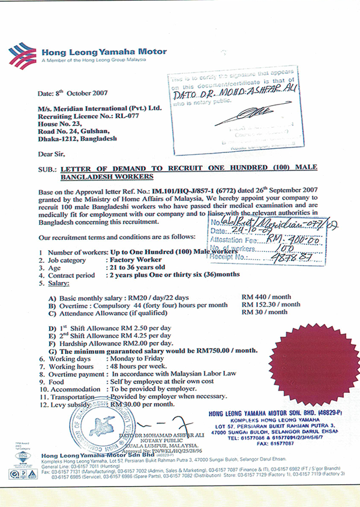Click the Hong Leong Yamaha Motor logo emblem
[x=24, y=53]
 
